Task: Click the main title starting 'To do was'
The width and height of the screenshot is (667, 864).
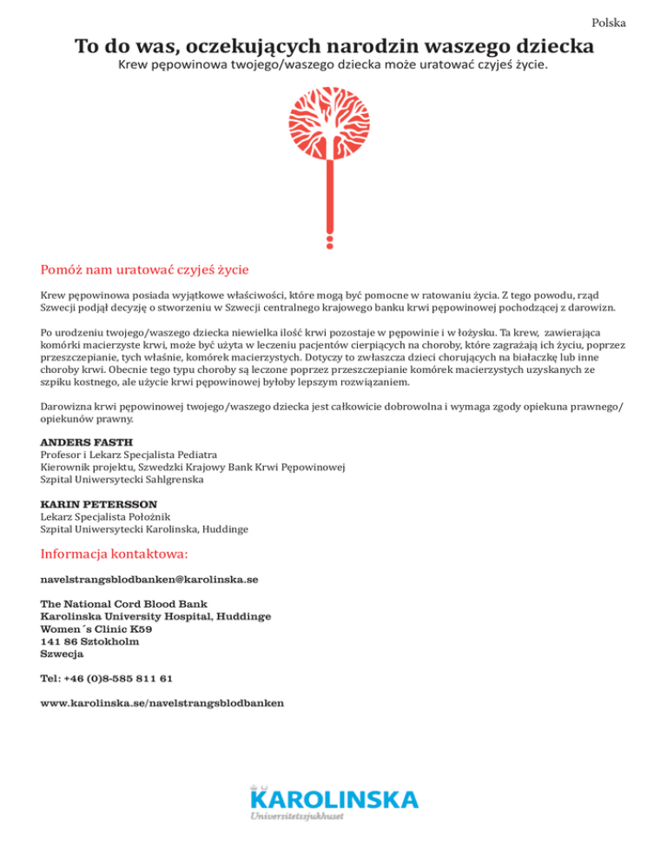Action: pos(333,45)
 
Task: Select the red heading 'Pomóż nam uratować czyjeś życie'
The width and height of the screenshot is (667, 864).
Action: pos(145,268)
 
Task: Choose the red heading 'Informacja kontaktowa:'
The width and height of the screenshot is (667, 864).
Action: pos(115,553)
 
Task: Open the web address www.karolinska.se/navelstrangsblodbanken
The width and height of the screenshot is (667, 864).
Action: pos(162,702)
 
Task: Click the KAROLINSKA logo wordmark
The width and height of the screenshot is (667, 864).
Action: pos(333,798)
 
